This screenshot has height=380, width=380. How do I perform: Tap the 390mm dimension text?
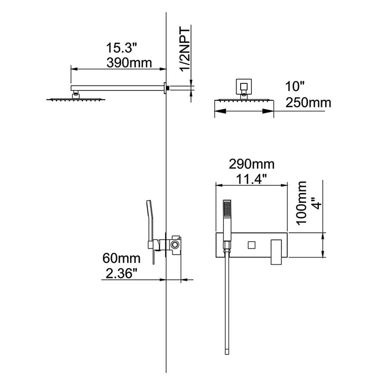coord(129,63)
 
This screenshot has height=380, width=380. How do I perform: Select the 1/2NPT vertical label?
coord(185,50)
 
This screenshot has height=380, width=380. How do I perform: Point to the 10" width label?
coord(294,87)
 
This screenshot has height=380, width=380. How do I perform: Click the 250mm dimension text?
coord(308,102)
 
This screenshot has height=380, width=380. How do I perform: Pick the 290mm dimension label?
coord(252,164)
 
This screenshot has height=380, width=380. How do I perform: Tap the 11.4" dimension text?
coord(252,179)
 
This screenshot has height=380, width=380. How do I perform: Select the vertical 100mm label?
coord(302,203)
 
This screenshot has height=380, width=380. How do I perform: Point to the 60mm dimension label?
coord(121,258)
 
